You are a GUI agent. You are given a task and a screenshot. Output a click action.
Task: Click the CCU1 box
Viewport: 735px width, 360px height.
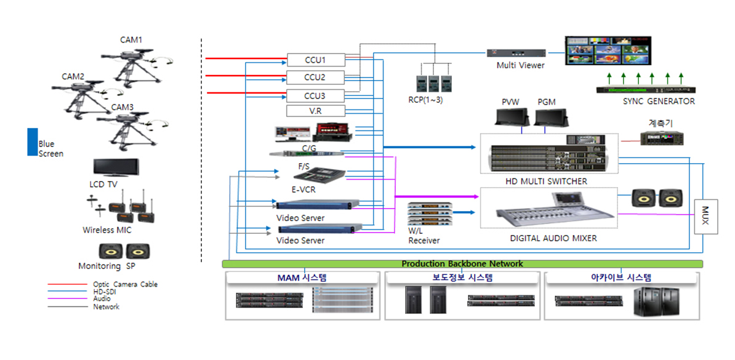[x=315, y=60]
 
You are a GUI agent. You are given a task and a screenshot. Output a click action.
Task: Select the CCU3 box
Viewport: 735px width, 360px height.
[x=315, y=96]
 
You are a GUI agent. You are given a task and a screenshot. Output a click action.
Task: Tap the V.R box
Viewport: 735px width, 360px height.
[x=315, y=111]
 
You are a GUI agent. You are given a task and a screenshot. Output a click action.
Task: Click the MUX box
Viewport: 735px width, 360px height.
[x=705, y=217]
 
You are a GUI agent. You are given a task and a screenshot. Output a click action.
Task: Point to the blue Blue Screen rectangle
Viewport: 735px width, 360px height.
[x=32, y=142]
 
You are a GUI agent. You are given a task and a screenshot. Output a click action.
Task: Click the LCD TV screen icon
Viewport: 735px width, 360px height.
[x=116, y=168]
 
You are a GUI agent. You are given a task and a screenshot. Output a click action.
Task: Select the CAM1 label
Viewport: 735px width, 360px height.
[x=131, y=40]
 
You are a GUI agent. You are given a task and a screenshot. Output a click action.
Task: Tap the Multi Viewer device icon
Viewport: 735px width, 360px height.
[x=516, y=53]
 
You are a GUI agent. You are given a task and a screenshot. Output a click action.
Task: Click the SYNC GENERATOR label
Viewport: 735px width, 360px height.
[x=658, y=102]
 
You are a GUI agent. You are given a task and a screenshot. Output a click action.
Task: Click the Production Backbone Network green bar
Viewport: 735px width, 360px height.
[x=462, y=264]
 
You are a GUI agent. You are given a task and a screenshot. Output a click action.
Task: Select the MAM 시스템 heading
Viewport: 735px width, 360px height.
[x=302, y=278]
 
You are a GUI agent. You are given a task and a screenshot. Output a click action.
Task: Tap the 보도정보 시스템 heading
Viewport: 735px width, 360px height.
[x=460, y=278]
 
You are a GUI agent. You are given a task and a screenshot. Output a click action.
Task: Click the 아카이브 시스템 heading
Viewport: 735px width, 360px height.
[x=622, y=278]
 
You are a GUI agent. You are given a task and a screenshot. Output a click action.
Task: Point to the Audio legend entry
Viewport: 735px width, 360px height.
[x=102, y=299]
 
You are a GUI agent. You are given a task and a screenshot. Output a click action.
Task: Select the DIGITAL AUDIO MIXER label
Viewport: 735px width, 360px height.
[x=553, y=238]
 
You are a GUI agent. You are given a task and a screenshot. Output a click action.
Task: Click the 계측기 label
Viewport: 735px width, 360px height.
[x=661, y=123]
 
